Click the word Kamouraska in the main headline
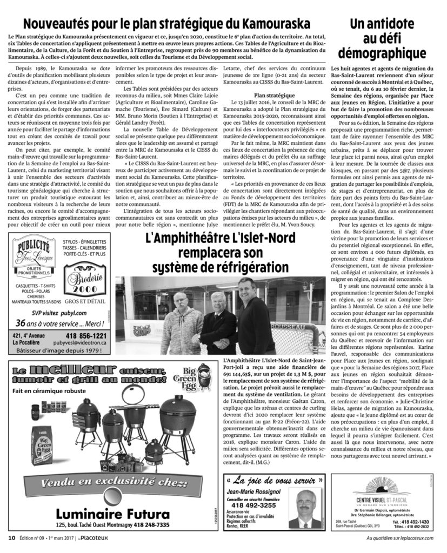coord(271,24)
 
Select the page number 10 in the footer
coord(11,537)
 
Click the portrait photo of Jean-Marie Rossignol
coord(304,508)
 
